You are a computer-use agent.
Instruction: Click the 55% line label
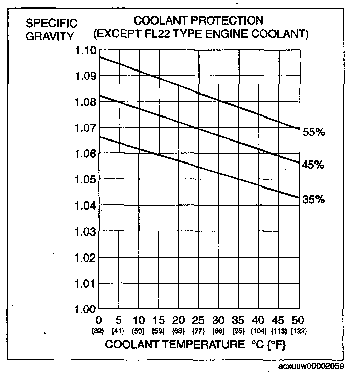[313, 132]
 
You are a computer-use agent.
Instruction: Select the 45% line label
[313, 165]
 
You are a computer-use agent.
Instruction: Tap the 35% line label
[313, 200]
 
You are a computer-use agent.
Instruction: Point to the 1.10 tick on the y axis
[84, 51]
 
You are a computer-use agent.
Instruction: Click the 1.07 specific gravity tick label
[84, 128]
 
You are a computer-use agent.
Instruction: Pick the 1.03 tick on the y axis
[84, 232]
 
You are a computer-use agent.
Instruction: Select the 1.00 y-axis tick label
[84, 309]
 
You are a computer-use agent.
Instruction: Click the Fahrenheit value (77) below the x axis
[198, 331]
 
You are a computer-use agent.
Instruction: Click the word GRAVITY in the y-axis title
[49, 36]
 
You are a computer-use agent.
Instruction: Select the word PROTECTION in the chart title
[227, 21]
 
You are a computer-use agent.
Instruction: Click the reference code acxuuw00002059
[311, 366]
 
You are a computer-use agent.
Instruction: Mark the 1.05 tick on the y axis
[84, 180]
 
